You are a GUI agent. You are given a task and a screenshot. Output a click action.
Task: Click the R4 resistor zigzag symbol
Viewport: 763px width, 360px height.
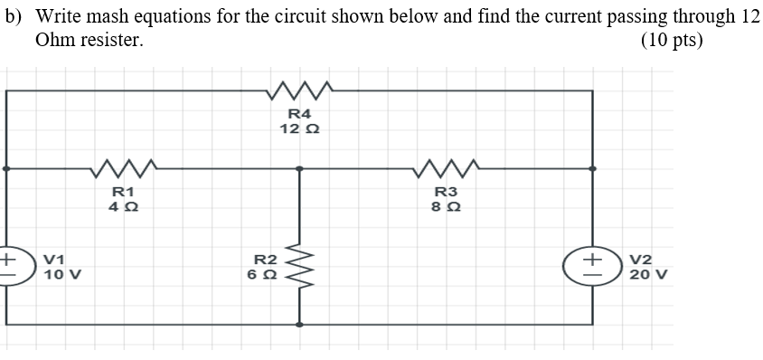pyautogui.click(x=302, y=90)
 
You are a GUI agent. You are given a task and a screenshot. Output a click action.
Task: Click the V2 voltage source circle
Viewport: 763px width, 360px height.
pyautogui.click(x=594, y=267)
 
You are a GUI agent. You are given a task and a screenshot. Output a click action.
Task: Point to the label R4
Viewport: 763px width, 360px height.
pyautogui.click(x=299, y=114)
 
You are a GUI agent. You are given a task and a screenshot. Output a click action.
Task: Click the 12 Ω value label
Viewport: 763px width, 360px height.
pyautogui.click(x=299, y=129)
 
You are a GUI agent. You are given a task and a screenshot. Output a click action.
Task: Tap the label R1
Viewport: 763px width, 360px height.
pyautogui.click(x=123, y=191)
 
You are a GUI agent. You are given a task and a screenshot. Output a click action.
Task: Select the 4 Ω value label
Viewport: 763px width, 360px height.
pyautogui.click(x=123, y=206)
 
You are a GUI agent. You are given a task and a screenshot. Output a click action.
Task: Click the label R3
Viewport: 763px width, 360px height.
pyautogui.click(x=447, y=191)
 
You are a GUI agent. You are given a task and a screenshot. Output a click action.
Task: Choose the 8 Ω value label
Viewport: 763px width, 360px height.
pyautogui.click(x=447, y=206)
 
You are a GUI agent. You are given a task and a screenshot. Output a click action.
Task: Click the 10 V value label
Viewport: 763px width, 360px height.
pyautogui.click(x=62, y=274)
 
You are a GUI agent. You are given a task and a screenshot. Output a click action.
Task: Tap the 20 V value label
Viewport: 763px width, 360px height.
pyautogui.click(x=648, y=274)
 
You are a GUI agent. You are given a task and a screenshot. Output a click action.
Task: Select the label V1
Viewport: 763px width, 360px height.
pyautogui.click(x=55, y=260)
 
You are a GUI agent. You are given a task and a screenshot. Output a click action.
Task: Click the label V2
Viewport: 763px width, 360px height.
pyautogui.click(x=641, y=260)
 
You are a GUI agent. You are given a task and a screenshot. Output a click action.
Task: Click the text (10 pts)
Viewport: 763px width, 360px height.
pyautogui.click(x=671, y=41)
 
